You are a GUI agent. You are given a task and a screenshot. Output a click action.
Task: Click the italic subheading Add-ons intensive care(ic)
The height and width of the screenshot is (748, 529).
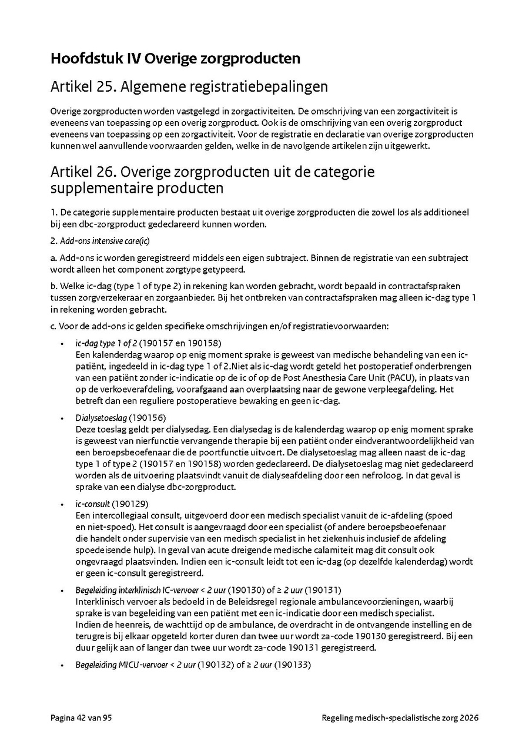pyautogui.click(x=105, y=241)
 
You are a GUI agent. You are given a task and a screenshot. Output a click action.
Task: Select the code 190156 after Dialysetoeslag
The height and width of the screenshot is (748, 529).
pyautogui.click(x=148, y=418)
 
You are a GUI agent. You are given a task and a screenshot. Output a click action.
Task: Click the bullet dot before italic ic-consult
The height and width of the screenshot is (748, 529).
pyautogui.click(x=62, y=504)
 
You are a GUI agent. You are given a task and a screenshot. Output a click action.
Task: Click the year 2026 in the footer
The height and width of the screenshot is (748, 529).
pyautogui.click(x=469, y=718)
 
